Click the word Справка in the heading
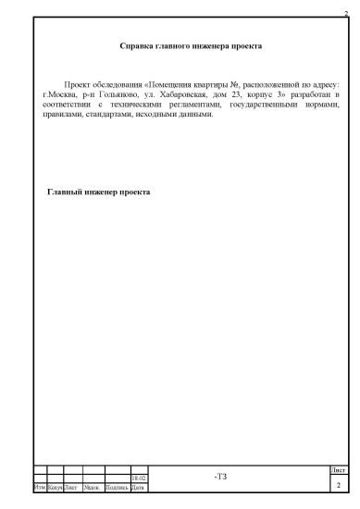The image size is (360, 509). (x=138, y=44)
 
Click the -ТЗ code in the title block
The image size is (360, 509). (x=219, y=477)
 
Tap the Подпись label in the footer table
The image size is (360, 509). (x=118, y=487)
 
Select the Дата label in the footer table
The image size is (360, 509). (x=137, y=487)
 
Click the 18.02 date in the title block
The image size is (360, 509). (x=139, y=478)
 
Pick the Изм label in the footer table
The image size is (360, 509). (x=38, y=487)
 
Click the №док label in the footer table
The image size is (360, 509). (x=92, y=487)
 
